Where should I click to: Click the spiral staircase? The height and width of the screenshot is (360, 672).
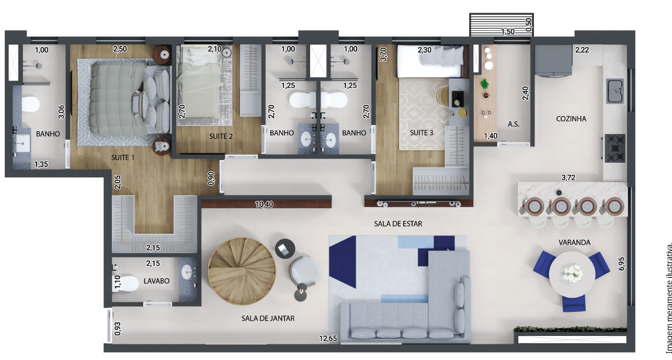tap(242, 272)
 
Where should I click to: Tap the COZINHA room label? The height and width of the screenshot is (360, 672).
tap(571, 119)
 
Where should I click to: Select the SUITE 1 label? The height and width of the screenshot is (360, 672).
tap(123, 157)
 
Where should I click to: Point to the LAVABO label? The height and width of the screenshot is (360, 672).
tap(156, 281)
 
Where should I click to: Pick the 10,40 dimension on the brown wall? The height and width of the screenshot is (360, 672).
tap(264, 204)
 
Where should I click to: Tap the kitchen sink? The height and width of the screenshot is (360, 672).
tap(615, 91)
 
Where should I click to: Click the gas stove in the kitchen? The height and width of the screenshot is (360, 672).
tap(614, 148)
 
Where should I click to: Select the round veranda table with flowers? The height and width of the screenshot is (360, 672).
tap(572, 274)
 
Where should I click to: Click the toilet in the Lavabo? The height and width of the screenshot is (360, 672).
tap(126, 284)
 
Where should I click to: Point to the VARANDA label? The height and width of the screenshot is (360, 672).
tap(574, 242)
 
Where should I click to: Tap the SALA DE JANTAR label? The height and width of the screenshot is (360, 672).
tap(268, 318)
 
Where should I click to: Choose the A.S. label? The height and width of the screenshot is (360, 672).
tap(514, 124)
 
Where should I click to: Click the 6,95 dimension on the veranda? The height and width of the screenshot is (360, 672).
tap(621, 264)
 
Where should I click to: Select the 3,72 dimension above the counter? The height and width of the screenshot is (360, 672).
tap(568, 177)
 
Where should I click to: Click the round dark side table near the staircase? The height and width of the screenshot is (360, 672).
tap(285, 249)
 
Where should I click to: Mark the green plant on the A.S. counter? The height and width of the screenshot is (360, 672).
tap(484, 84)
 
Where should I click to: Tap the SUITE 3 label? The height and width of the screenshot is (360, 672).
tap(422, 133)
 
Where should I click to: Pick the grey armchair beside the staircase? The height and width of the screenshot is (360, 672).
tap(304, 272)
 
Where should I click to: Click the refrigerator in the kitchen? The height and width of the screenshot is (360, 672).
tap(553, 61)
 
